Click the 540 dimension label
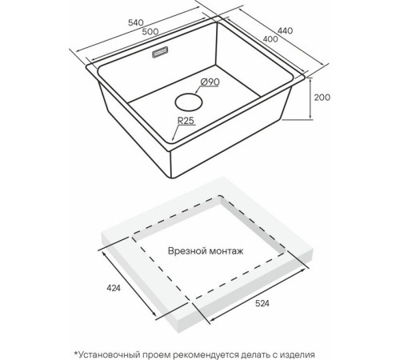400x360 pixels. click(x=136, y=23)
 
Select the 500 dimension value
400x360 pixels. click(x=150, y=31)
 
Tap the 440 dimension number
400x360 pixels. click(x=285, y=30)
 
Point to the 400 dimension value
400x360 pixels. click(x=270, y=39)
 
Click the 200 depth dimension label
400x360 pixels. click(x=322, y=98)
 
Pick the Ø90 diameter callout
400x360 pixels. click(x=210, y=82)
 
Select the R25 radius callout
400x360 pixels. click(x=186, y=121)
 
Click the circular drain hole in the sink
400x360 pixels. click(x=189, y=102)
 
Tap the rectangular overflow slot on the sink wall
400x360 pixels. click(x=160, y=52)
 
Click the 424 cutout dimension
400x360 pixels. click(x=114, y=288)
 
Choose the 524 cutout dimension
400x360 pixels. click(x=262, y=303)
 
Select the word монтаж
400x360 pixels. click(x=226, y=251)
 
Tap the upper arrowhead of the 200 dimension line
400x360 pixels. click(x=310, y=80)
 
